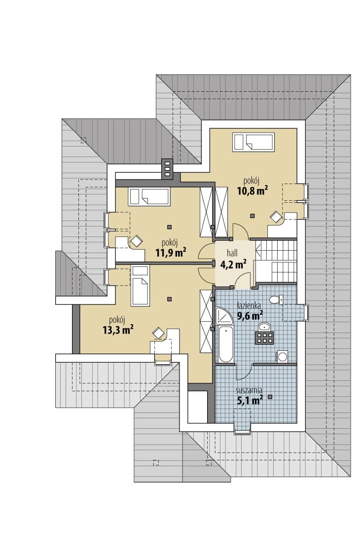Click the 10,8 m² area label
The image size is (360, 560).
tap(252, 190)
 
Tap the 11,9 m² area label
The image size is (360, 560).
tap(170, 253)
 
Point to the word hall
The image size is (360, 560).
tap(232, 253)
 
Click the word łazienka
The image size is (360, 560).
tap(249, 306)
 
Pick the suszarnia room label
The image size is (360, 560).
tap(249, 390)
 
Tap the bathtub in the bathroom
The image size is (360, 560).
tap(225, 343)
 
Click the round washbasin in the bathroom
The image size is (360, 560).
tap(264, 327)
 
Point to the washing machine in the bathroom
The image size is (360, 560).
tap(283, 356)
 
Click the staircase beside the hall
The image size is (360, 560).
tap(276, 261)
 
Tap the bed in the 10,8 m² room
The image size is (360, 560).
tap(253, 142)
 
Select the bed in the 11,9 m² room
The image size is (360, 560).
tap(149, 196)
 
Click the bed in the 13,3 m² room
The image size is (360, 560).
tap(140, 286)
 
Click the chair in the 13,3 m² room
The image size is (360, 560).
tap(158, 333)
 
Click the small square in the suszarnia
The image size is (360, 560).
tap(270, 397)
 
